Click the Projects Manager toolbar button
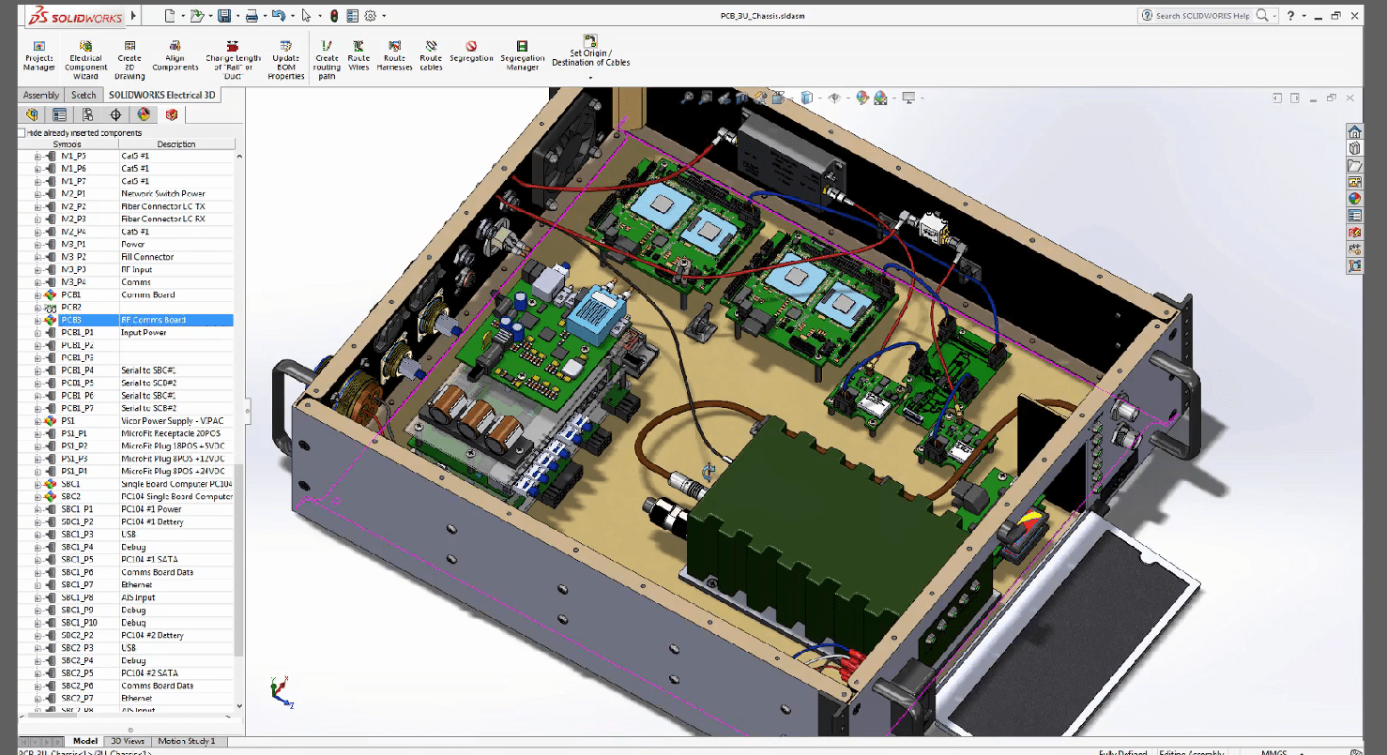coord(38,56)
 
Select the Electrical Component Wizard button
coord(85,58)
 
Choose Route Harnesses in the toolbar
coord(395,56)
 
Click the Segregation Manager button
coord(522,56)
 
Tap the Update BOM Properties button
coord(286,58)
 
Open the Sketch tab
coord(84,95)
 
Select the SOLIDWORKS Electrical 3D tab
coord(161,95)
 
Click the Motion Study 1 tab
coord(186,741)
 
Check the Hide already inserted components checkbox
coord(22,133)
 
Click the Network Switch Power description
coord(162,194)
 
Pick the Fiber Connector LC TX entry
coord(162,206)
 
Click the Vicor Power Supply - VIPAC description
coord(172,421)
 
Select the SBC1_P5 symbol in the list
coord(77,560)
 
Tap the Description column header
coord(176,144)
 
